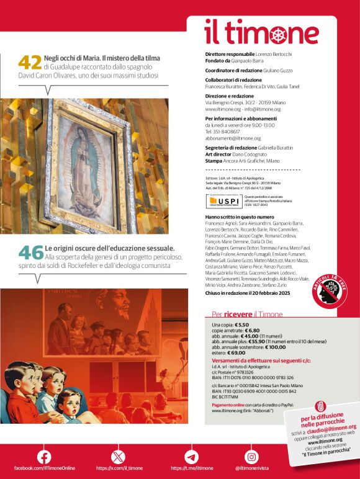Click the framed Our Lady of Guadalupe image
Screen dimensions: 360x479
click(84, 165)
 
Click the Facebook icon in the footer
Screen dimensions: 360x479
click(44, 456)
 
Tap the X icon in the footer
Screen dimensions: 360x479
click(118, 456)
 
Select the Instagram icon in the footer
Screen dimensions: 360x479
click(251, 456)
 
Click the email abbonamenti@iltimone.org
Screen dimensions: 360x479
click(233, 138)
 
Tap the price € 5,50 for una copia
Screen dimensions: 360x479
click(243, 325)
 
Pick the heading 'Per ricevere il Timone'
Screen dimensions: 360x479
click(247, 314)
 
